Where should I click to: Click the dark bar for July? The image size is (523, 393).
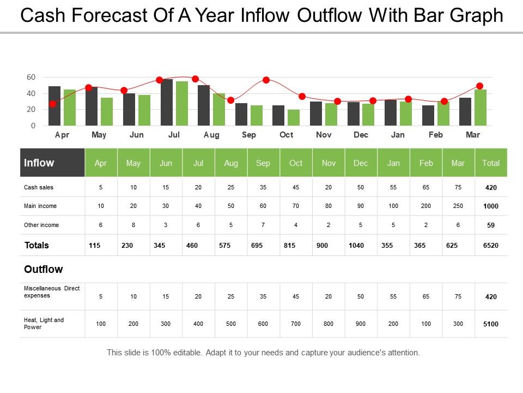pyautogui.click(x=167, y=103)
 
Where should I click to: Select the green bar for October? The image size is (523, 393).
pyautogui.click(x=294, y=117)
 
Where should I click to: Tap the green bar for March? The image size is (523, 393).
pyautogui.click(x=480, y=108)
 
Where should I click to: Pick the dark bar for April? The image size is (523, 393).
pyautogui.click(x=54, y=106)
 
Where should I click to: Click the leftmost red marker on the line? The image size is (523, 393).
pyautogui.click(x=52, y=104)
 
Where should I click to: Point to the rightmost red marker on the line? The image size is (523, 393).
pyautogui.click(x=480, y=86)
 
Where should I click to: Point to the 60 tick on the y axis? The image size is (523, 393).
pyautogui.click(x=31, y=78)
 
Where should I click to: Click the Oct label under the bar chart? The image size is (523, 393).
pyautogui.click(x=286, y=135)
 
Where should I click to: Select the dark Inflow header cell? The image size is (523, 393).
pyautogui.click(x=52, y=163)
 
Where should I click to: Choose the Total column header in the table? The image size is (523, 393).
pyautogui.click(x=491, y=163)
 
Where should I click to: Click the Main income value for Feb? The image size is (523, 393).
pyautogui.click(x=426, y=206)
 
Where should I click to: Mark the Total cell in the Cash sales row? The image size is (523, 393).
pyautogui.click(x=491, y=188)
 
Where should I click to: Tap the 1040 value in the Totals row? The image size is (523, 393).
pyautogui.click(x=356, y=246)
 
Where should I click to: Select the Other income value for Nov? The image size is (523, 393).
pyautogui.click(x=329, y=225)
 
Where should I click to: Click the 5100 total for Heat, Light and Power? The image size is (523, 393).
pyautogui.click(x=491, y=324)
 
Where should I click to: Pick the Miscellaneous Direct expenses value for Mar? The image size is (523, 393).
pyautogui.click(x=458, y=297)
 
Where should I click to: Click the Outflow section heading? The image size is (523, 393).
pyautogui.click(x=44, y=269)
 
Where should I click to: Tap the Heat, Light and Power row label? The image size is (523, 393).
pyautogui.click(x=44, y=324)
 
